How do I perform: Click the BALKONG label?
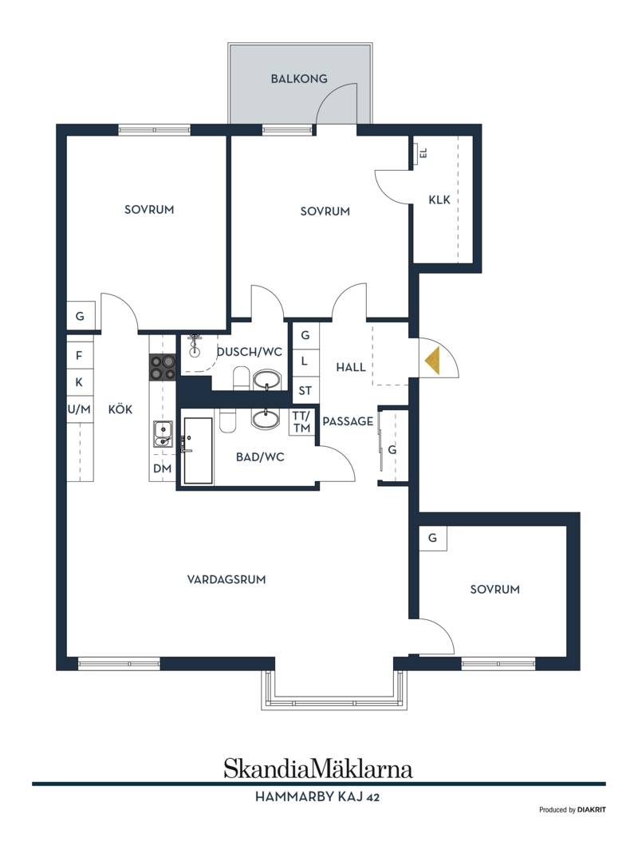299,79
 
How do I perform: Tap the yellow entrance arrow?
432,361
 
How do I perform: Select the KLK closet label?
439,200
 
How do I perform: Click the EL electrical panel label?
423,152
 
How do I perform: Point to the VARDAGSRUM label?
226,579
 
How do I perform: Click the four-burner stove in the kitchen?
163,367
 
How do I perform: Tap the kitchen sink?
163,433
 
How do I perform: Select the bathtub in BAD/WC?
198,451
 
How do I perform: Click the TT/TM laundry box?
301,422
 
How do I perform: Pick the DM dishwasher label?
162,468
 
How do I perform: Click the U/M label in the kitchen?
79,409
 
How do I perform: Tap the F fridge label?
79,356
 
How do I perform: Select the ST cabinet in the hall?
305,390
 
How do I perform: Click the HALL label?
351,367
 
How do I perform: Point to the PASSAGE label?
348,421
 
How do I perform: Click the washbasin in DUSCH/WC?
266,379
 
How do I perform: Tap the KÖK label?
120,409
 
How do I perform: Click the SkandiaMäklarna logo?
318,769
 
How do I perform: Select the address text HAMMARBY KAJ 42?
317,797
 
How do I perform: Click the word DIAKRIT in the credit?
592,810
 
